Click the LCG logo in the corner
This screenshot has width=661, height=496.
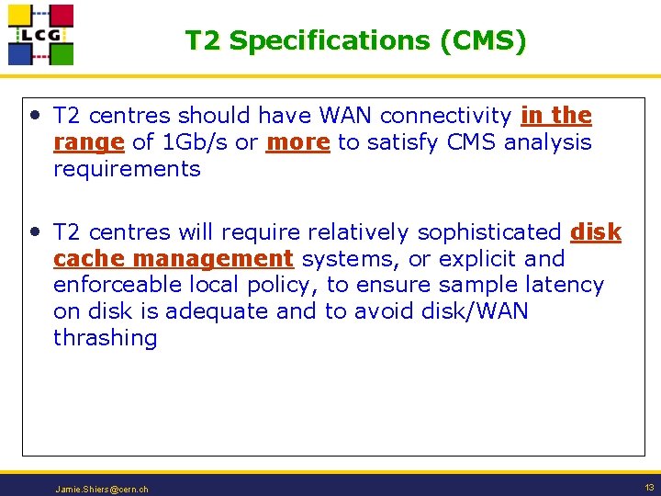pos(40,35)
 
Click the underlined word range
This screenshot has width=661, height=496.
pos(89,142)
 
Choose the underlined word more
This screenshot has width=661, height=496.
pos(297,142)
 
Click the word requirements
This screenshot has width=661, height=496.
pos(127,169)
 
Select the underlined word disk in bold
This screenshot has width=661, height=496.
pos(596,233)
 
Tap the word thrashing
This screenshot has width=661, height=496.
pos(106,338)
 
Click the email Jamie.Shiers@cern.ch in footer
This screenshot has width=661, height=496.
pos(101,490)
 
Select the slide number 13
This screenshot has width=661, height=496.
pos(649,488)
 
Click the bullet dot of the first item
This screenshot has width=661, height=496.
pos(35,116)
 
